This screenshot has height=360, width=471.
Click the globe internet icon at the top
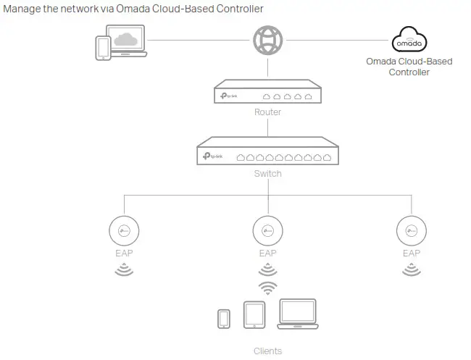tap(267, 41)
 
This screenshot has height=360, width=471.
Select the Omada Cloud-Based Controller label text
tap(409, 67)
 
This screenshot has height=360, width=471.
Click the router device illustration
tap(267, 95)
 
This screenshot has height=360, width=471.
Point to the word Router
tap(267, 113)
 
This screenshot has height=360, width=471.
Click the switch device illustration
tap(267, 156)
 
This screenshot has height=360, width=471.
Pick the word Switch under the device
tap(267, 174)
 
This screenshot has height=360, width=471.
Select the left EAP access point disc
tap(123, 231)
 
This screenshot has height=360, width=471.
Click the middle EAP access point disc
tap(267, 231)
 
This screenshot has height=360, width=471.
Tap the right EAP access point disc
tap(411, 231)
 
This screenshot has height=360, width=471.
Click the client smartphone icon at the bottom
tap(224, 318)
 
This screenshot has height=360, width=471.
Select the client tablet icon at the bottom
tap(254, 314)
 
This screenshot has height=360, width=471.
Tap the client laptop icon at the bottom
tap(298, 313)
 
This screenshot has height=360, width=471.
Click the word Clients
tap(267, 351)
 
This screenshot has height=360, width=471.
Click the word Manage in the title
tap(22, 9)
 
